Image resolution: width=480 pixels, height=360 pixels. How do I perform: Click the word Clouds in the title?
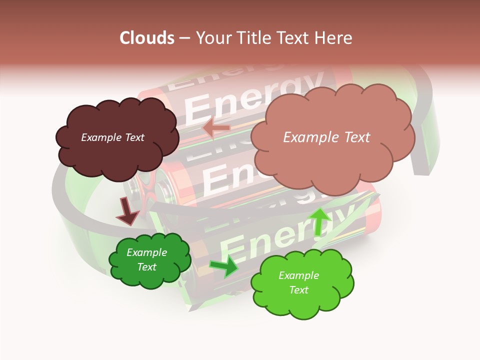147,38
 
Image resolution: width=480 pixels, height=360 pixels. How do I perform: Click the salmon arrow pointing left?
216,128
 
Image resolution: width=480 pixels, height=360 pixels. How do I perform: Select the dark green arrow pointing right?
223,266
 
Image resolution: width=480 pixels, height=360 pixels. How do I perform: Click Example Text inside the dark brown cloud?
112,137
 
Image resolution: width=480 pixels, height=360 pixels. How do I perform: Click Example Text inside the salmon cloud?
326,137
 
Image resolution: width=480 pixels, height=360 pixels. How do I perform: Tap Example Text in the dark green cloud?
147,259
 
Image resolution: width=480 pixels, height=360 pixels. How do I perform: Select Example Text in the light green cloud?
298,282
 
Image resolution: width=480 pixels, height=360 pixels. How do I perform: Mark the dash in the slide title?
184,38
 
